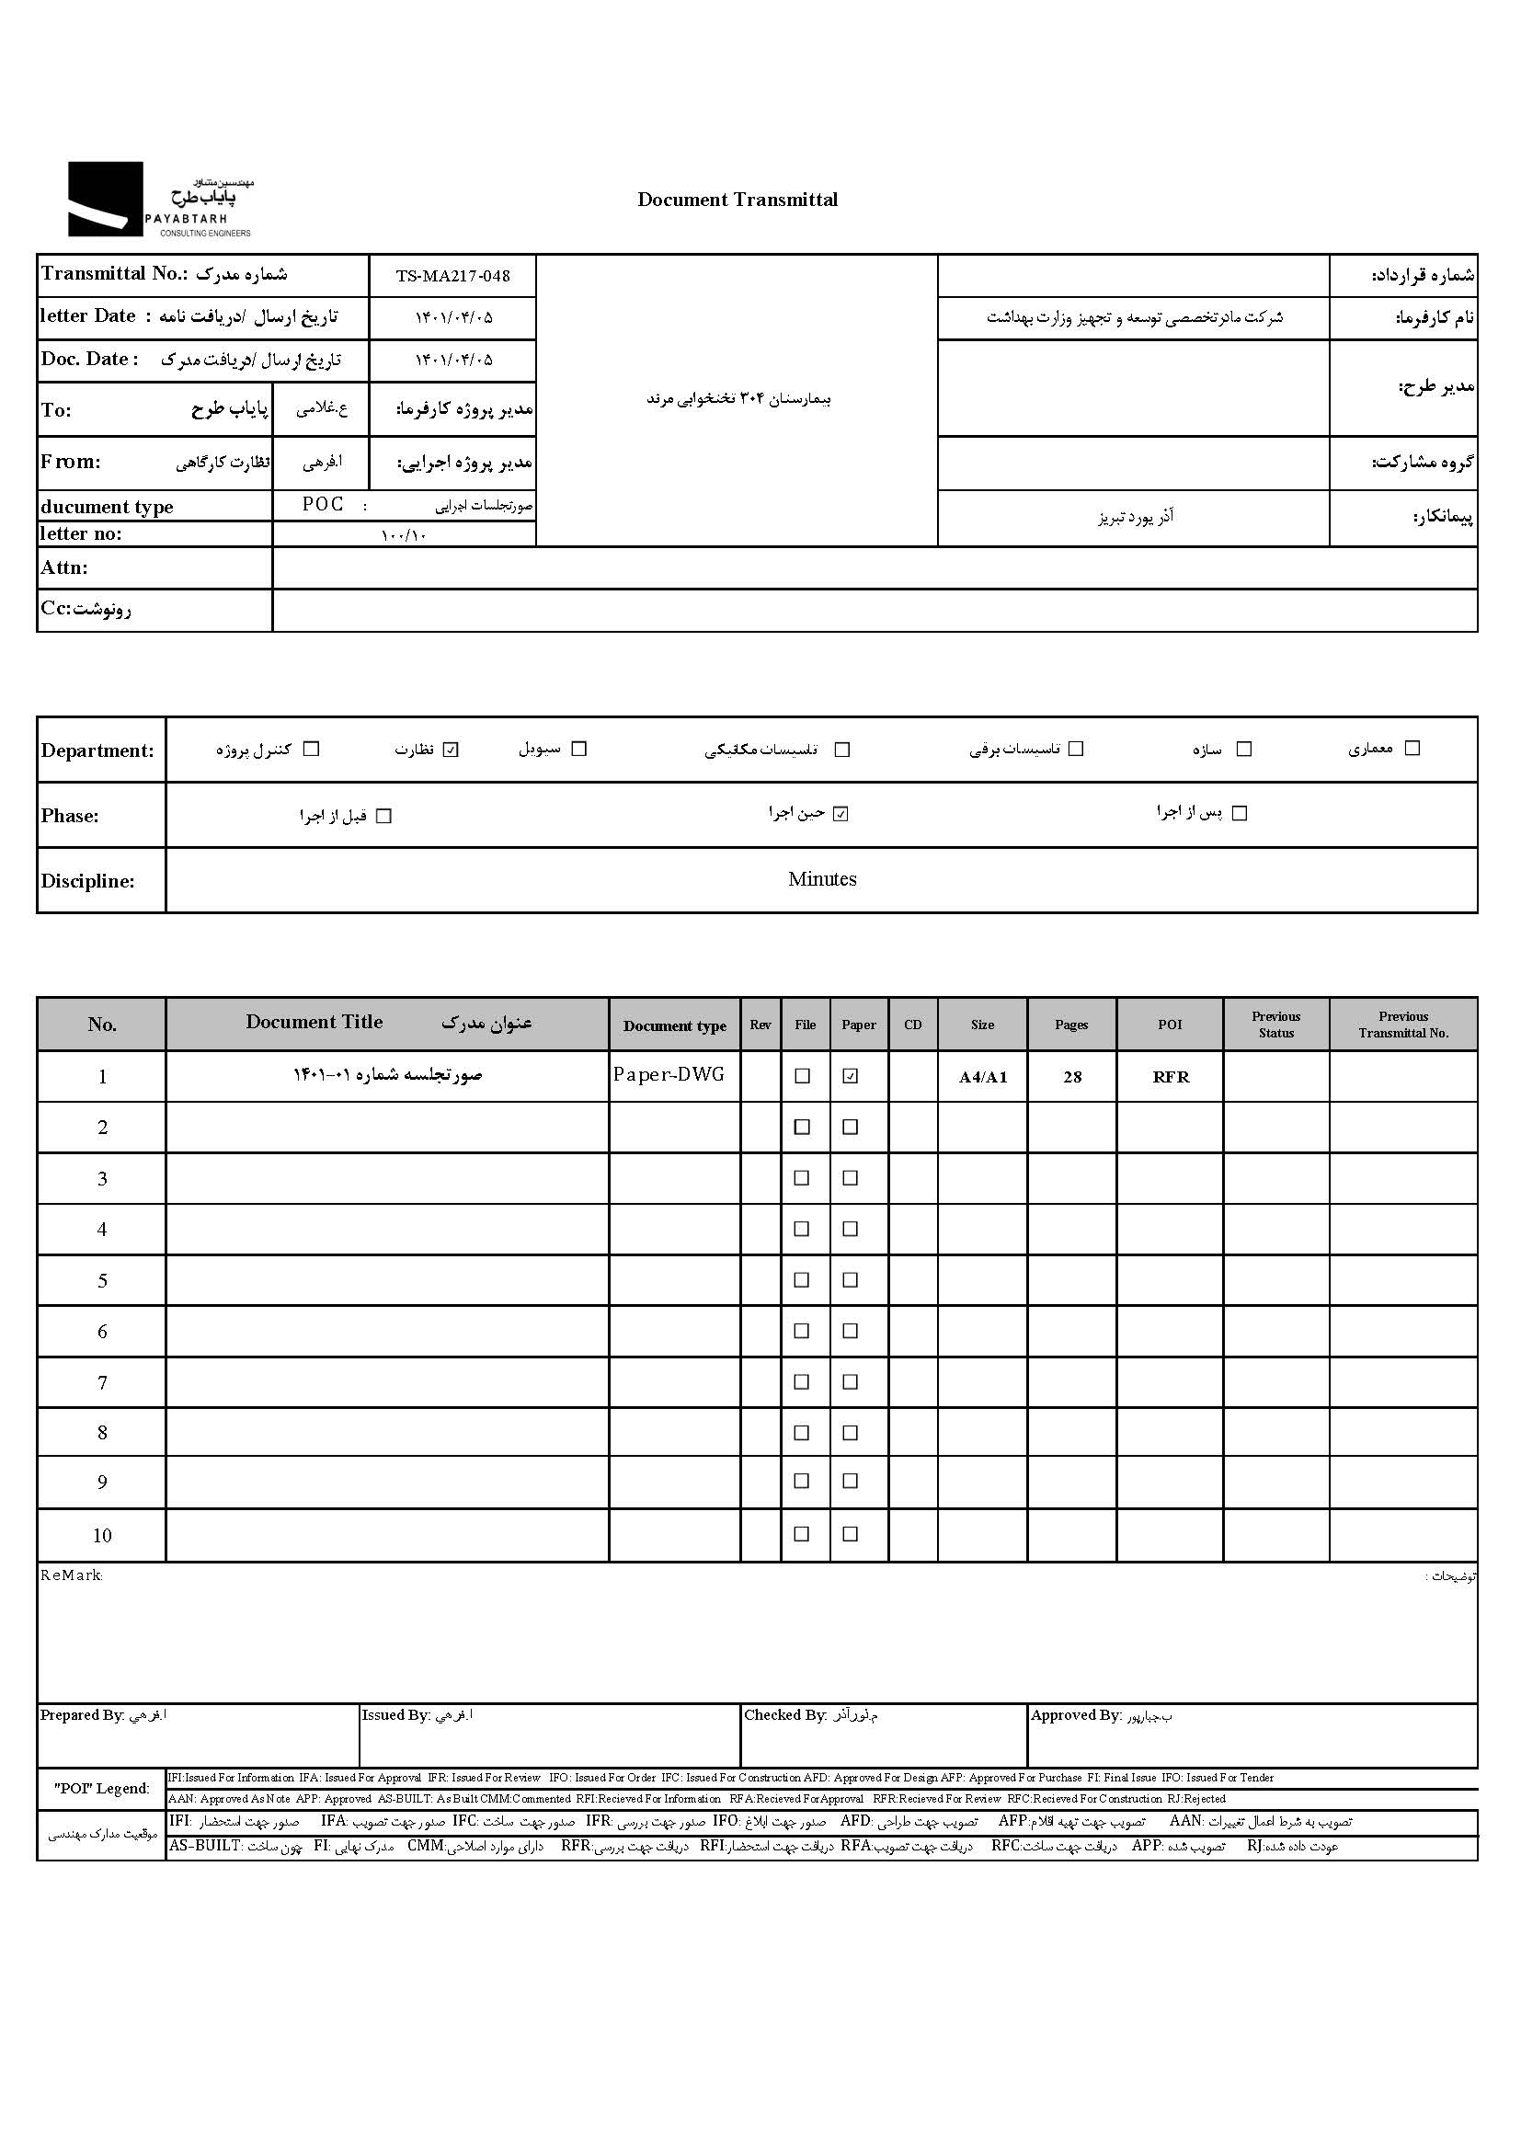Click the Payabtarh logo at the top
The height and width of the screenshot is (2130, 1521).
[x=159, y=199]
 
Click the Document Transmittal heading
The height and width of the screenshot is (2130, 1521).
[x=738, y=199]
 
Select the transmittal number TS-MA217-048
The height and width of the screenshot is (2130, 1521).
[x=452, y=276]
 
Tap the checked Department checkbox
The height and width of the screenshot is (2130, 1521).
[x=452, y=750]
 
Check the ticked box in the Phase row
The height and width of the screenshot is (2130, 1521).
[x=841, y=814]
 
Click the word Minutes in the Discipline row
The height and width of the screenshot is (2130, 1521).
[x=821, y=879]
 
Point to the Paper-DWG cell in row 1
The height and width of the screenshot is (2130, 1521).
[x=669, y=1075]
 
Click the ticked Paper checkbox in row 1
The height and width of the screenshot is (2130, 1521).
[x=851, y=1076]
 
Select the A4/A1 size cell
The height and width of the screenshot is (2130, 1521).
[x=982, y=1077]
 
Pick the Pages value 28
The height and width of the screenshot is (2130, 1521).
[x=1072, y=1077]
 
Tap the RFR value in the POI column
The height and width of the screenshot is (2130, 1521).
[x=1171, y=1077]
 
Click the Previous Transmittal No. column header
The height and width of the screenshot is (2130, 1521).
[x=1403, y=1025]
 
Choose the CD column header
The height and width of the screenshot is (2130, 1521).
[x=913, y=1025]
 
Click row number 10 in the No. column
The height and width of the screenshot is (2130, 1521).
[x=102, y=1535]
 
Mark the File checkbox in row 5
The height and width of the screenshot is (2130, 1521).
[x=802, y=1279]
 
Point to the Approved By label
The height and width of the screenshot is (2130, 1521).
[x=1075, y=1715]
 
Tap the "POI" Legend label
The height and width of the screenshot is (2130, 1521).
[x=101, y=1788]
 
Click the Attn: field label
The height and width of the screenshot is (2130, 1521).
[x=63, y=567]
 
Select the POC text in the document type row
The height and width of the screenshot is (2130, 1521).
[x=323, y=505]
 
